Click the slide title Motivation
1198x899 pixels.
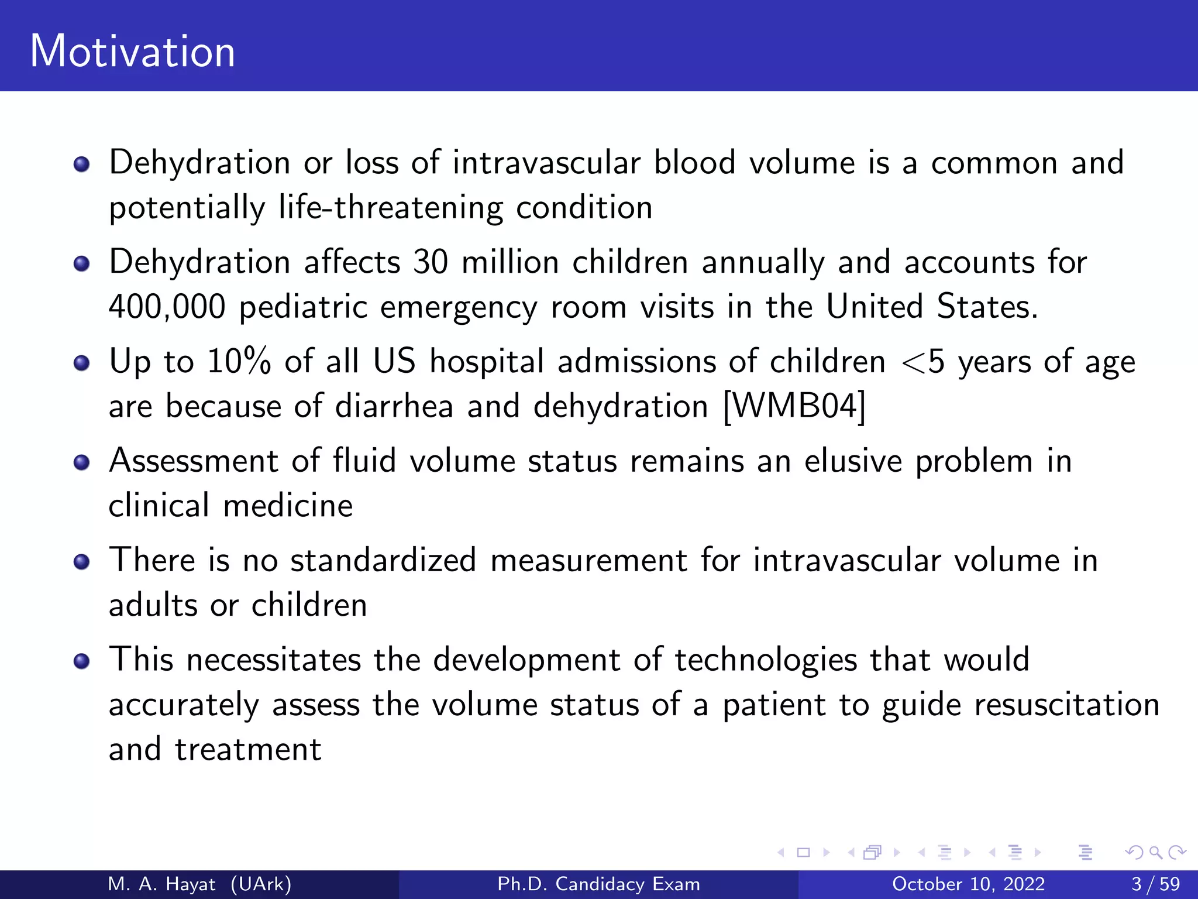click(133, 52)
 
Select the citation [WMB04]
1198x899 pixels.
click(794, 406)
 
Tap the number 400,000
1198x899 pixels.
click(167, 307)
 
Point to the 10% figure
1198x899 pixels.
click(239, 361)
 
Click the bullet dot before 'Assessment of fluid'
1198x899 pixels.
click(82, 463)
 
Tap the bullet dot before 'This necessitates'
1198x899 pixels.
click(82, 661)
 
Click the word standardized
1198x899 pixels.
click(383, 560)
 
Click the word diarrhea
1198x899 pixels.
click(394, 406)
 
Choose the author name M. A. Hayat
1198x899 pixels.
click(162, 884)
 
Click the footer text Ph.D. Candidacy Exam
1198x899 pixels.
click(598, 884)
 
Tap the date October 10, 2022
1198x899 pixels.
click(968, 884)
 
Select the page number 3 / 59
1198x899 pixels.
click(1155, 884)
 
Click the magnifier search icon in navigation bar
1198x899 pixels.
click(1155, 852)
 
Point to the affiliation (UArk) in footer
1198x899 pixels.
click(261, 884)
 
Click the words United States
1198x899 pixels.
click(931, 307)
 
